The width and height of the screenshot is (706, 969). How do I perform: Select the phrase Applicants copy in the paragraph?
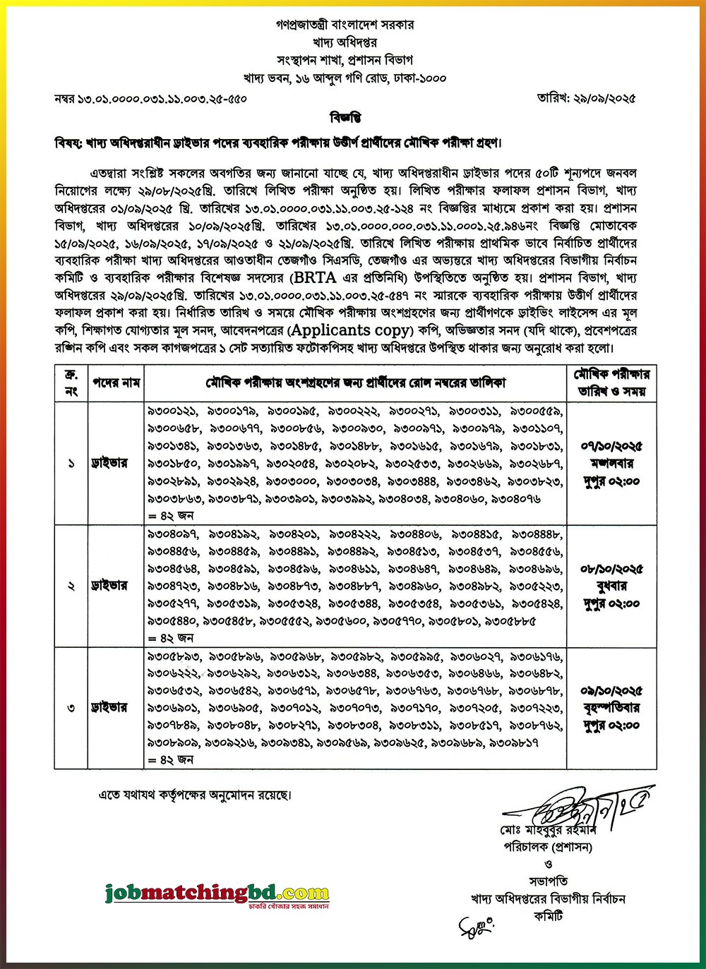tap(349, 330)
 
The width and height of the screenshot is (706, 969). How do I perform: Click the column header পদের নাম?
tap(116, 383)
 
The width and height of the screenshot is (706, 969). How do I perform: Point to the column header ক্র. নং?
tap(71, 383)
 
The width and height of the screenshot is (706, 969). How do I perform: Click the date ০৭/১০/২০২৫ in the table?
tap(611, 446)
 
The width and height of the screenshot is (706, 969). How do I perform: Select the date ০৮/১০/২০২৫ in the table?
tap(611, 569)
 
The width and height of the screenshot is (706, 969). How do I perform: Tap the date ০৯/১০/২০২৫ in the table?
tap(611, 691)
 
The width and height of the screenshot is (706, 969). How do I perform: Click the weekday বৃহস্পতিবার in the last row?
tap(611, 708)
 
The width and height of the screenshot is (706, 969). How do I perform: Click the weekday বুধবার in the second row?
tap(611, 586)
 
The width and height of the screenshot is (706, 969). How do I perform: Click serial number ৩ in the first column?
tap(71, 708)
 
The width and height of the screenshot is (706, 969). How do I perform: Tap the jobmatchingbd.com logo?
tap(217, 893)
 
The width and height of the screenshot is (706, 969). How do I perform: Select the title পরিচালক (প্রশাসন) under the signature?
tap(548, 846)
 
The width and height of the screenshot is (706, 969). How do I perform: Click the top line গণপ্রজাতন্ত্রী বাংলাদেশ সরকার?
tap(345, 25)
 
